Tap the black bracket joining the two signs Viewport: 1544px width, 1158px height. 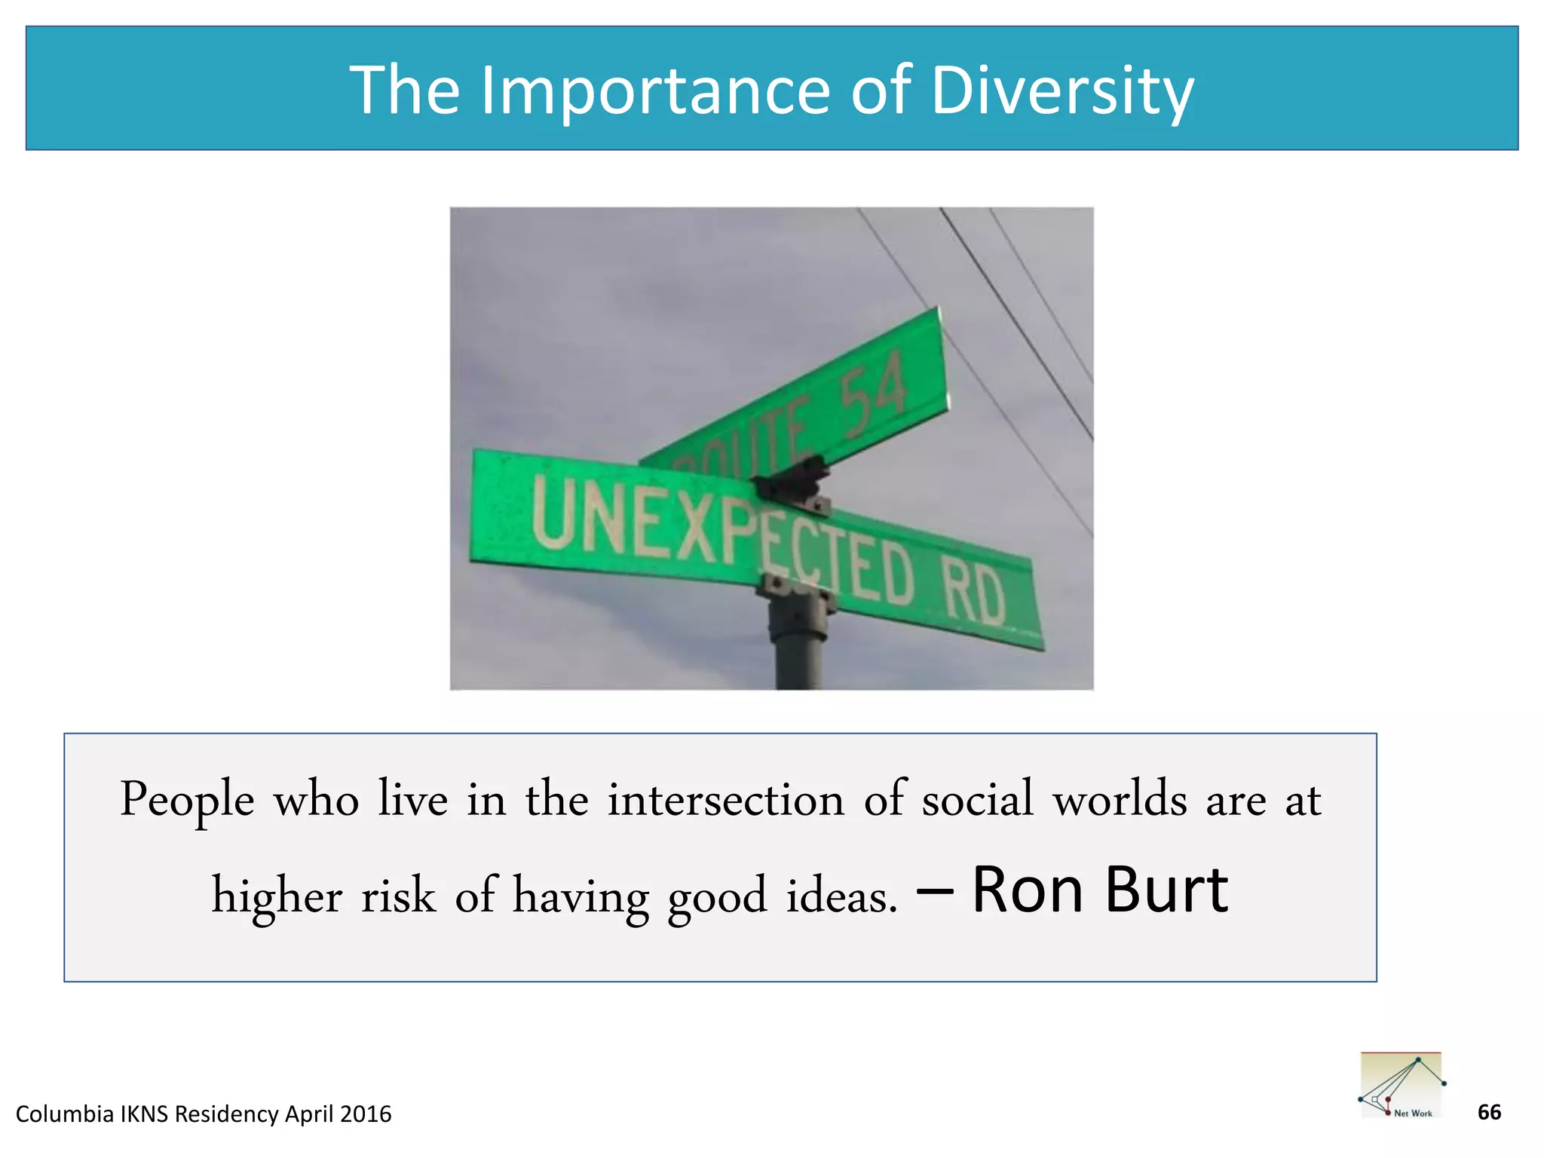[x=792, y=483]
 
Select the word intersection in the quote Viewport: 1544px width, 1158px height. [x=725, y=799]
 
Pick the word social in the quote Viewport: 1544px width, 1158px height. [x=977, y=799]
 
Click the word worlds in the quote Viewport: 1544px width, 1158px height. [x=1120, y=799]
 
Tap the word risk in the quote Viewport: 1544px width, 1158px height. [x=398, y=896]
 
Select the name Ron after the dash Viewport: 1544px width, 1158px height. [x=1028, y=891]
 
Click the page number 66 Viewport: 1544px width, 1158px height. [x=1489, y=1112]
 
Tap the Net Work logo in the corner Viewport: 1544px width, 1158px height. [x=1402, y=1085]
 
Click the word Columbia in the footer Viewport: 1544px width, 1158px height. [x=64, y=1114]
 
